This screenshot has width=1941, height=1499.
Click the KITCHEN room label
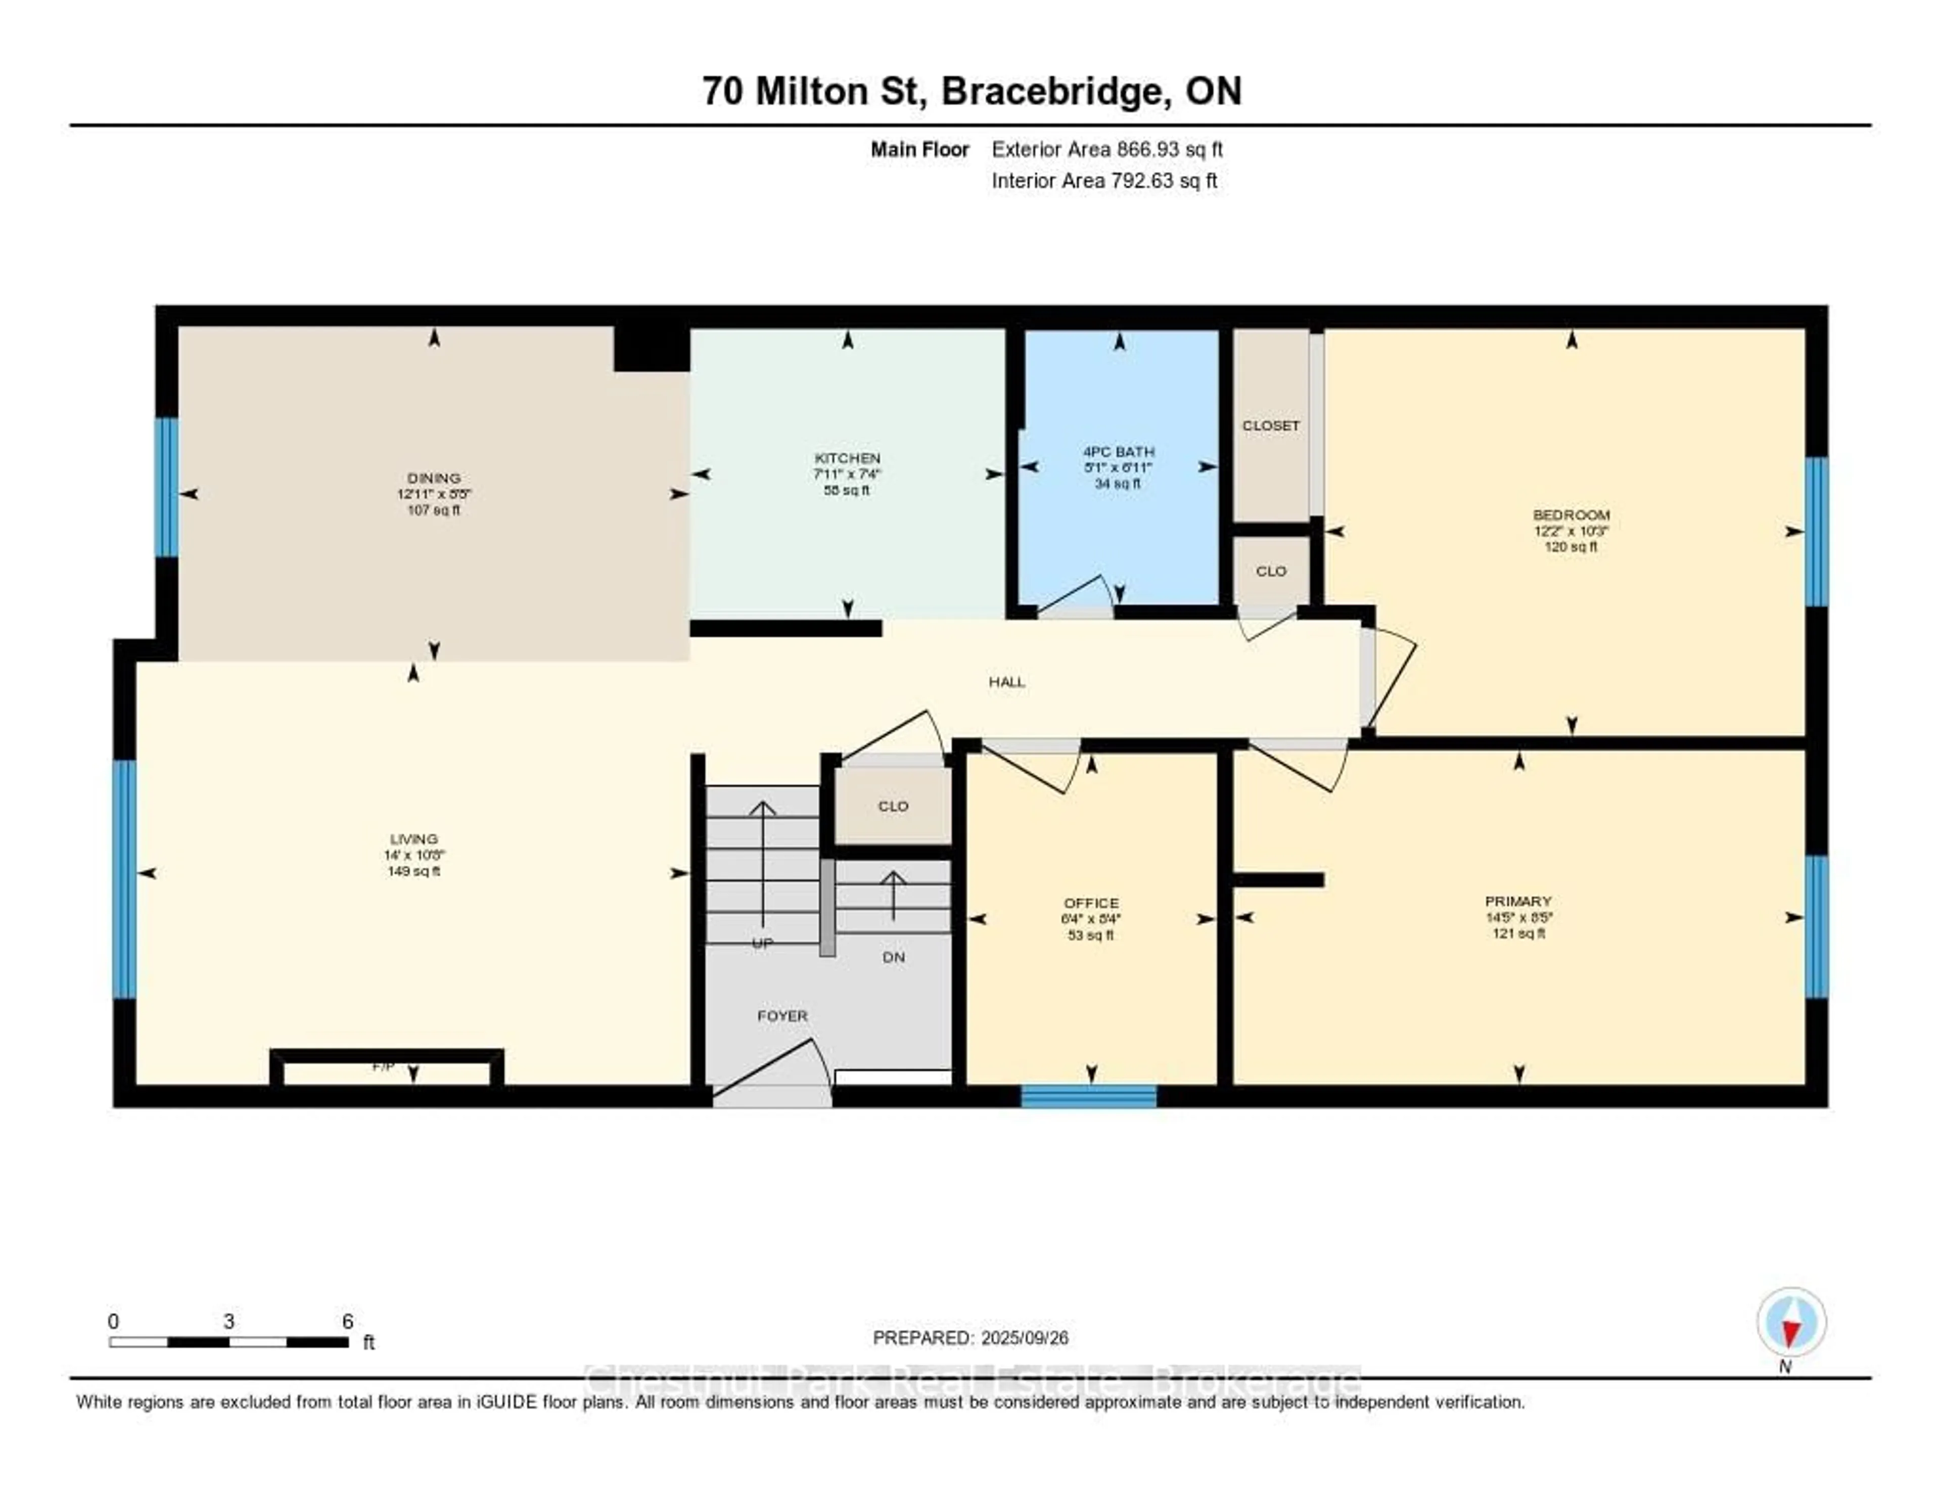(x=847, y=458)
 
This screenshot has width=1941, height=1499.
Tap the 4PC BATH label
(x=1118, y=451)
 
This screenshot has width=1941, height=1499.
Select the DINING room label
(x=434, y=478)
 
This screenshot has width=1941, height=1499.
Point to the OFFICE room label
(x=1091, y=903)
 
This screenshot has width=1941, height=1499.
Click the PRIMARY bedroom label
(x=1518, y=901)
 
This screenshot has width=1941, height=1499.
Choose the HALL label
(x=1007, y=682)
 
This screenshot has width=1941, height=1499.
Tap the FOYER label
(x=782, y=1016)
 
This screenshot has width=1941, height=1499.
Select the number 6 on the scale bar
(x=347, y=1321)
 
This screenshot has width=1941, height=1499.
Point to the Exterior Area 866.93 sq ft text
(x=1106, y=149)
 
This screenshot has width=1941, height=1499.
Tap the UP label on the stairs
(x=762, y=944)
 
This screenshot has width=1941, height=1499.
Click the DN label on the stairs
(x=893, y=957)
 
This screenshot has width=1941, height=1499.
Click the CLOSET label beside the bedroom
(x=1271, y=426)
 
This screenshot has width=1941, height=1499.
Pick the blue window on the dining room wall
(x=166, y=487)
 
